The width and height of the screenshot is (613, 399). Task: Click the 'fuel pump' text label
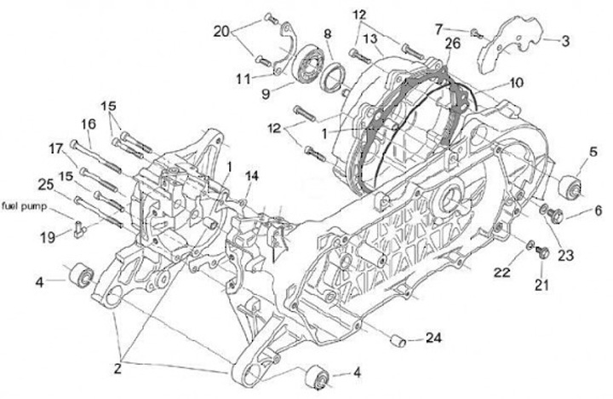click(x=26, y=205)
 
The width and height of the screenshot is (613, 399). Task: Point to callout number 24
click(x=433, y=339)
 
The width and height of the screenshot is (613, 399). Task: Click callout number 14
click(x=250, y=176)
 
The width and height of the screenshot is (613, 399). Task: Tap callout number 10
click(x=518, y=86)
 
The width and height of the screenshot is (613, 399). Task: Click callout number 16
click(x=89, y=124)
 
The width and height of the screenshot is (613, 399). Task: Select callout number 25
click(x=45, y=183)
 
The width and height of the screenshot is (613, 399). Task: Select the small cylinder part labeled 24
click(x=396, y=341)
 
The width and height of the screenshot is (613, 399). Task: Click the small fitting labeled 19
click(x=78, y=227)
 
